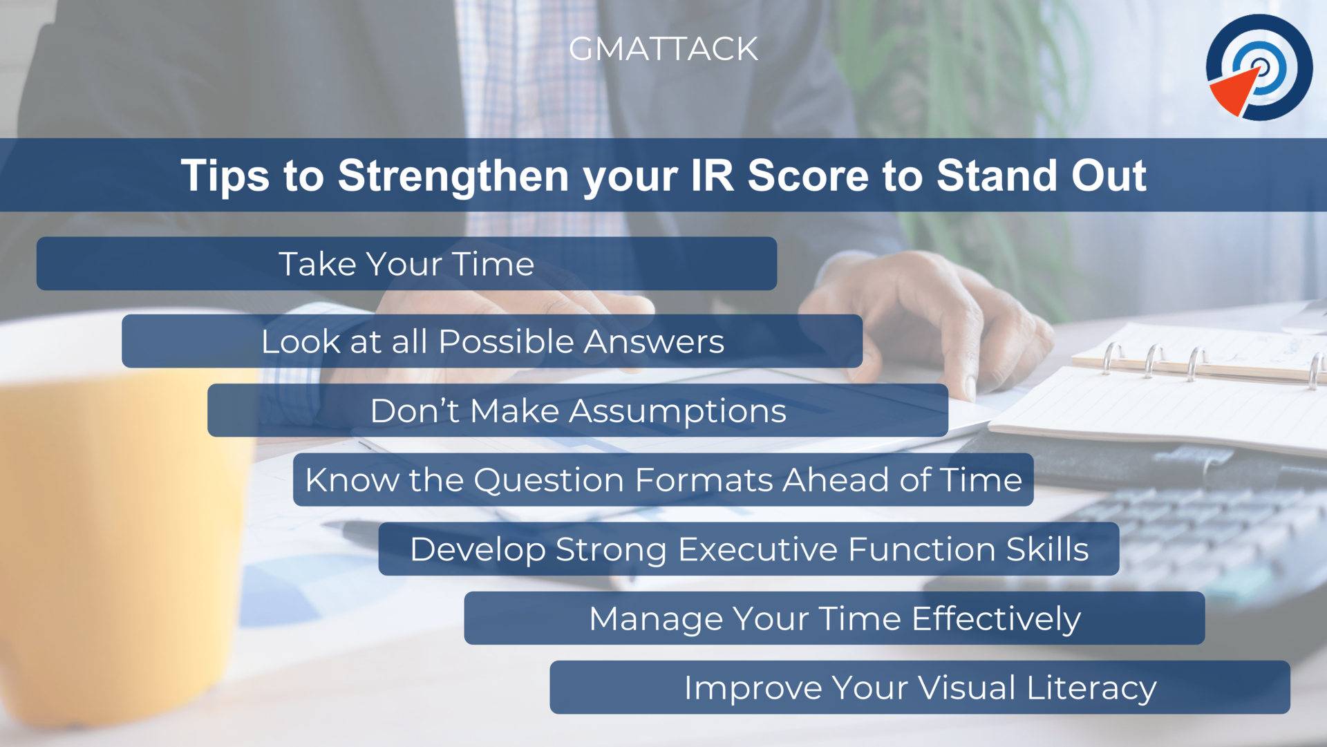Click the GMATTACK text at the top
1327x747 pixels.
[x=663, y=49]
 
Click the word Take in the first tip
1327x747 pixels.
[x=317, y=264]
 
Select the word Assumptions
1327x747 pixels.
[x=677, y=411]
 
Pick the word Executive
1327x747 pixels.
[x=757, y=550]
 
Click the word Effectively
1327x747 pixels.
[x=996, y=619]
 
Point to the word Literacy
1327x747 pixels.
[x=1091, y=688]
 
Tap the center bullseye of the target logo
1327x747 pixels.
[x=1261, y=66]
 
